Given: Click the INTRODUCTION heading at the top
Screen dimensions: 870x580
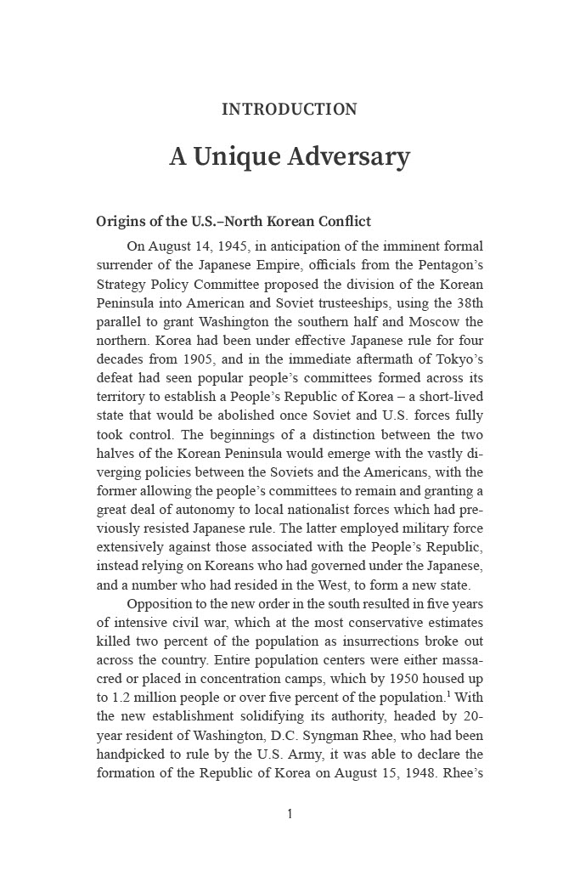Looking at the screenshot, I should pos(290,110).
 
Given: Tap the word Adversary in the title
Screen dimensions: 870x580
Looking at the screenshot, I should pos(348,157).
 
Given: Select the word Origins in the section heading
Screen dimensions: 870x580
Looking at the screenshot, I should pos(119,222).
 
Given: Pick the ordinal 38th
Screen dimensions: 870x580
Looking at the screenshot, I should pos(466,303).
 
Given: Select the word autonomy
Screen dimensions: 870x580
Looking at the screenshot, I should pos(200,510).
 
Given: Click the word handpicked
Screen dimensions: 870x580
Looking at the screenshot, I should pos(132,754).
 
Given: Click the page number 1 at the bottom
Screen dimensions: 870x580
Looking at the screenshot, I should pos(290,814).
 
